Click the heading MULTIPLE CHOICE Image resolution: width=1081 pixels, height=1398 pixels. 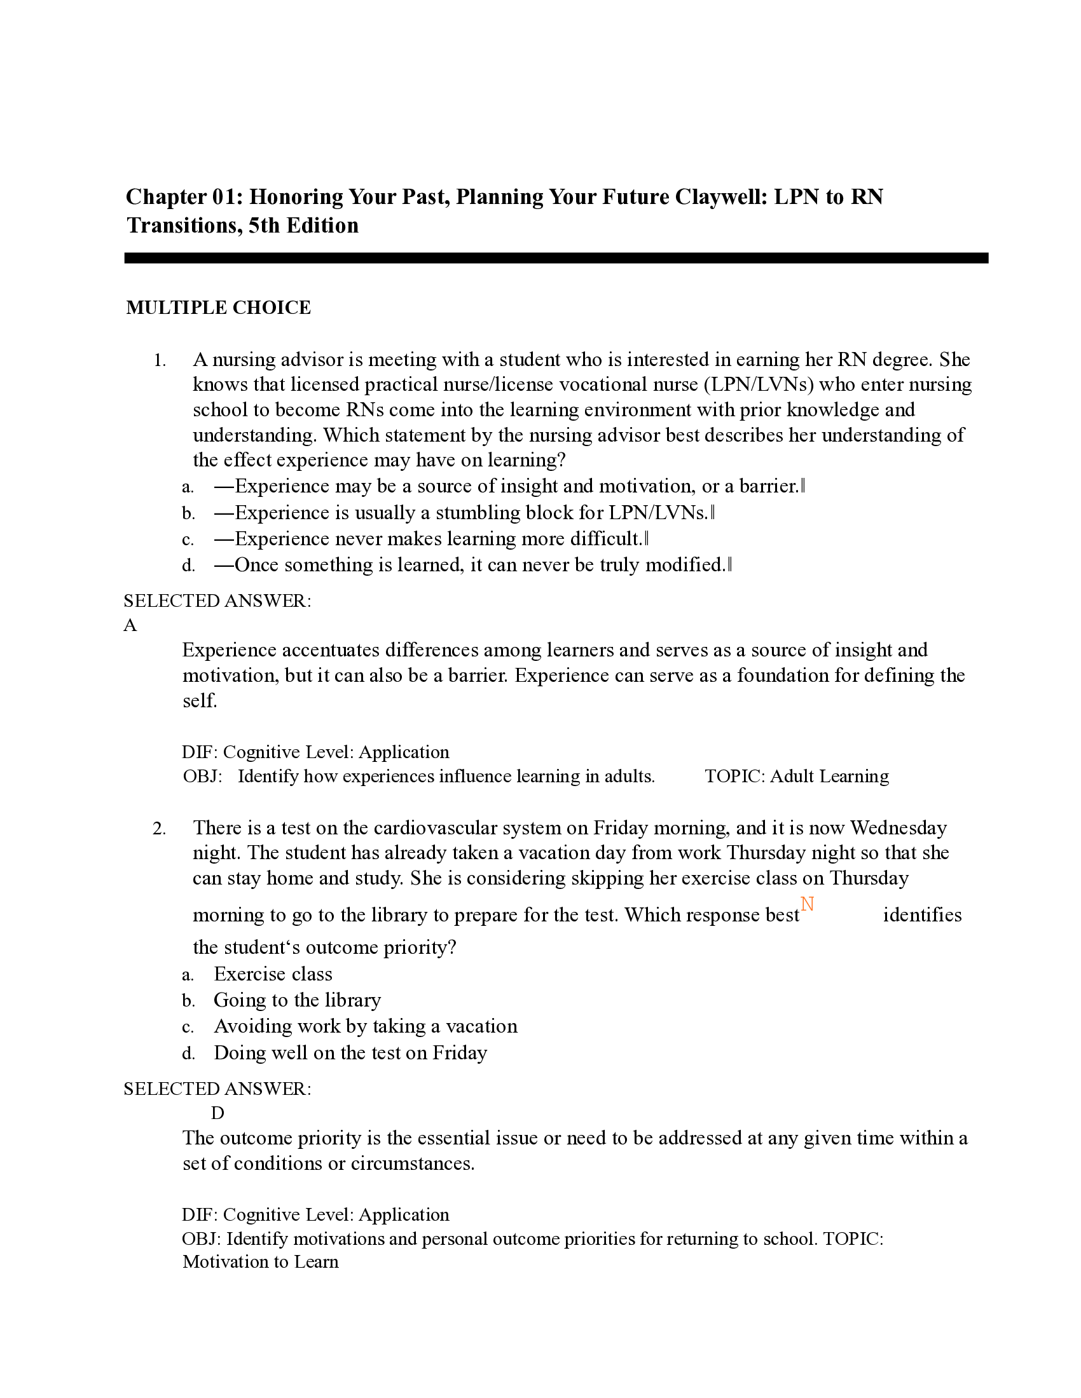pyautogui.click(x=218, y=308)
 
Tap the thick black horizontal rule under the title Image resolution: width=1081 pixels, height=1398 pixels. pyautogui.click(x=556, y=258)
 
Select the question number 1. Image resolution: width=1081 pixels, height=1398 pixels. pyautogui.click(x=160, y=361)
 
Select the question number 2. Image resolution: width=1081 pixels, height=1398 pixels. pyautogui.click(x=160, y=829)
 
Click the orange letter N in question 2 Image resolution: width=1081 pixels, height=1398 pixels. pyautogui.click(x=807, y=904)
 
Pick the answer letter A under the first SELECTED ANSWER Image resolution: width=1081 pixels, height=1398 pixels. pyautogui.click(x=130, y=625)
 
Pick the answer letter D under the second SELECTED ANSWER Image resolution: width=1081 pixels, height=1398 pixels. pyautogui.click(x=217, y=1113)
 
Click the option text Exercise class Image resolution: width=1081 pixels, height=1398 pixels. pyautogui.click(x=273, y=974)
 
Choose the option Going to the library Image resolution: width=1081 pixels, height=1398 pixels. pyautogui.click(x=297, y=1000)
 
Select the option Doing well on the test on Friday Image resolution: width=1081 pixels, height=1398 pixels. pyautogui.click(x=350, y=1052)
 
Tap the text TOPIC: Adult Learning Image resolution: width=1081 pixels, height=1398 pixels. pyautogui.click(x=797, y=777)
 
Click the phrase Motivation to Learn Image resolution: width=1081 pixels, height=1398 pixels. pyautogui.click(x=261, y=1261)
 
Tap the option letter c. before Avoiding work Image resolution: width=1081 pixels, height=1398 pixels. pyautogui.click(x=188, y=1028)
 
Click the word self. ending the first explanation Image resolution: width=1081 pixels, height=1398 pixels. pyautogui.click(x=200, y=701)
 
